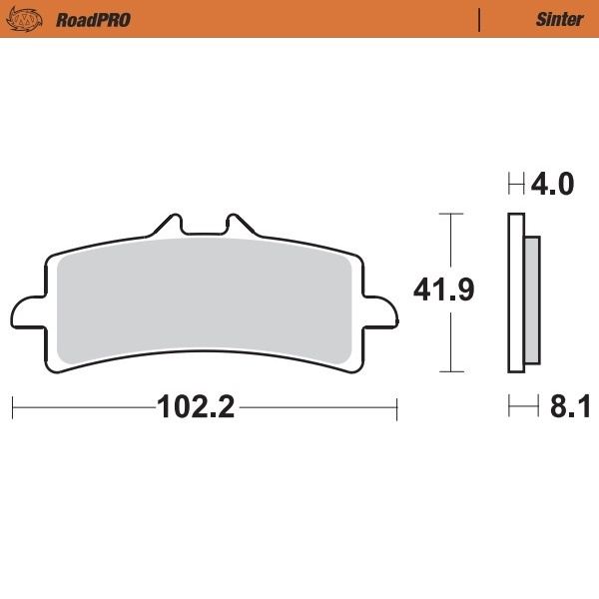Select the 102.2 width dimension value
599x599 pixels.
point(195,407)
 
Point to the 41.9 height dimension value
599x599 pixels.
point(443,291)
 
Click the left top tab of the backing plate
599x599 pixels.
point(167,223)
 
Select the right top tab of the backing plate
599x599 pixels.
point(238,223)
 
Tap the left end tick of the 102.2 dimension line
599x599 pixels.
point(12,407)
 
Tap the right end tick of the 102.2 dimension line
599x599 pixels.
point(397,407)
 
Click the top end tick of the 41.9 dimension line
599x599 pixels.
point(452,214)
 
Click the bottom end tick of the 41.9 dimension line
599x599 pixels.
point(452,370)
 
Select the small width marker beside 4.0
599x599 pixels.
point(516,185)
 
